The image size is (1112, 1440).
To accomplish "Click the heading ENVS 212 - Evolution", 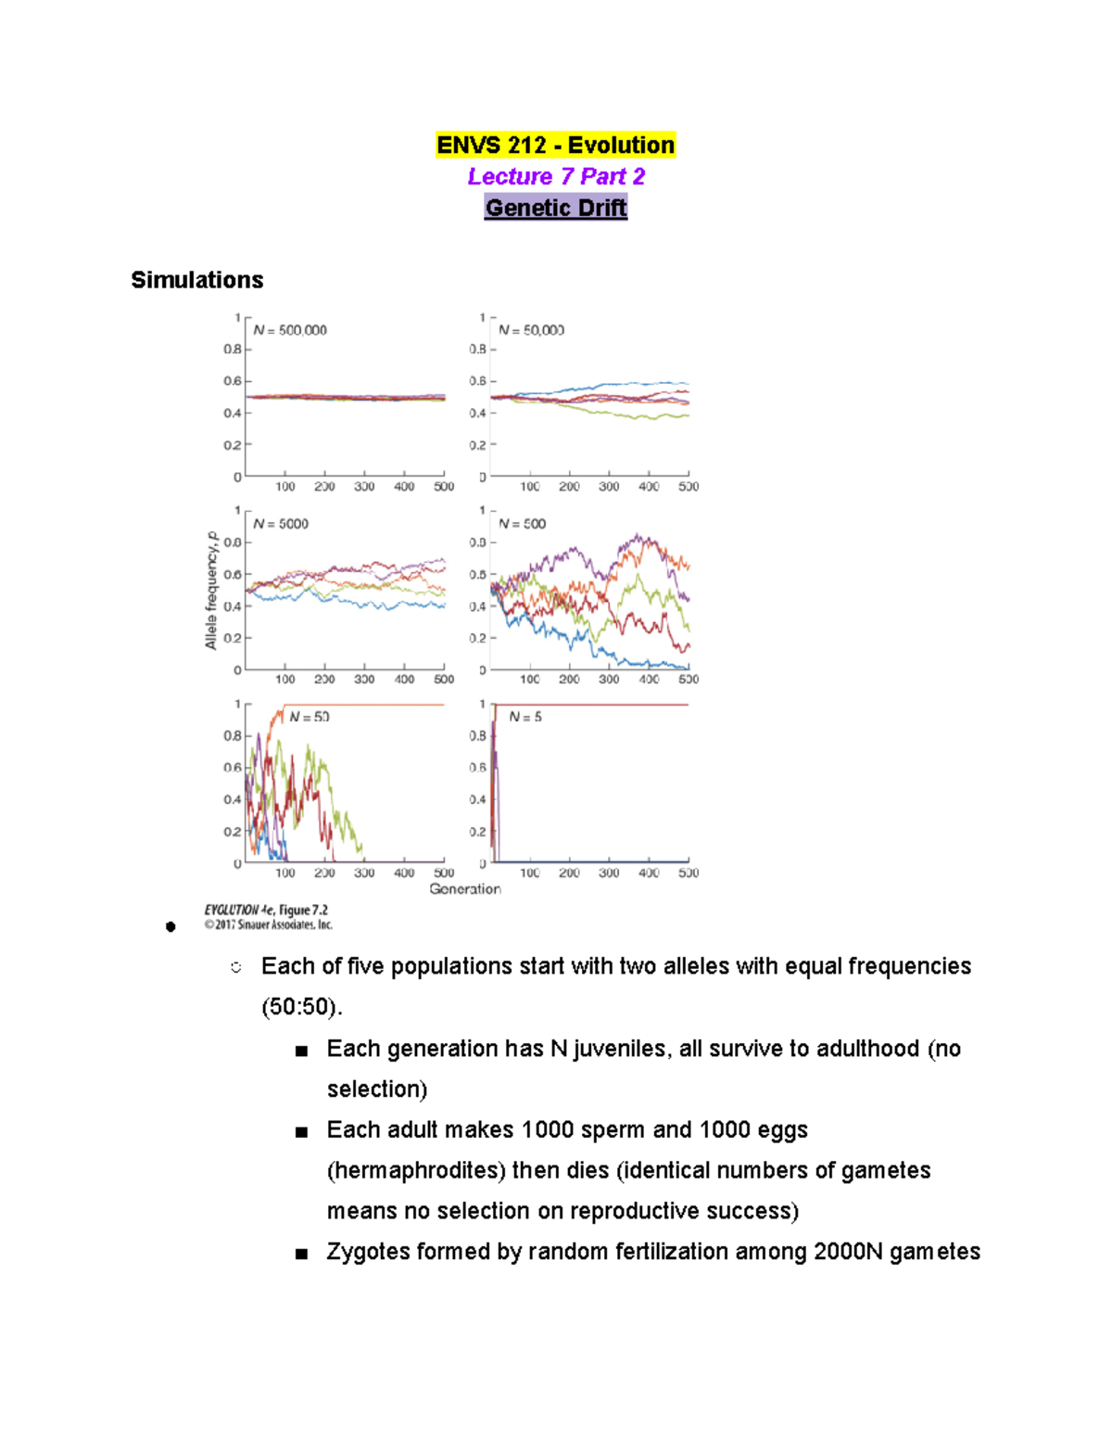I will click(555, 146).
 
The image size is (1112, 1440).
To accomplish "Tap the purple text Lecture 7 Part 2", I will click(556, 176).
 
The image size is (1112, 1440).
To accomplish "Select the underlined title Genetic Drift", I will click(556, 208).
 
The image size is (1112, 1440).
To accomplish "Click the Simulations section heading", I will click(196, 280).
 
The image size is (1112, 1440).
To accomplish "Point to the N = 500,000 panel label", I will click(290, 330).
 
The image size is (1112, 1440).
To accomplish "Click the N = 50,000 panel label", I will click(531, 330).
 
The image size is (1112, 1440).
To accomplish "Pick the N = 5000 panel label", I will click(281, 524).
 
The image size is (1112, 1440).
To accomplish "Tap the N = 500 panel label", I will click(523, 524).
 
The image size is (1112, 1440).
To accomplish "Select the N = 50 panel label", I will click(310, 717).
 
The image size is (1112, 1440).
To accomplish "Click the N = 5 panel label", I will click(525, 717).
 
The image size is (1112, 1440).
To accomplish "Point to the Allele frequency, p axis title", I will click(211, 591).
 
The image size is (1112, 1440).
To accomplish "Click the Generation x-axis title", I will click(465, 889).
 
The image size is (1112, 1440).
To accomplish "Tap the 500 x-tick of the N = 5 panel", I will click(689, 873).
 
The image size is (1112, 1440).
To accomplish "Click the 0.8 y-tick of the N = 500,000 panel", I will click(232, 350).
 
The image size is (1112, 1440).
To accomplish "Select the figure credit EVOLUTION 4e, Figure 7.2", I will click(266, 911).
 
